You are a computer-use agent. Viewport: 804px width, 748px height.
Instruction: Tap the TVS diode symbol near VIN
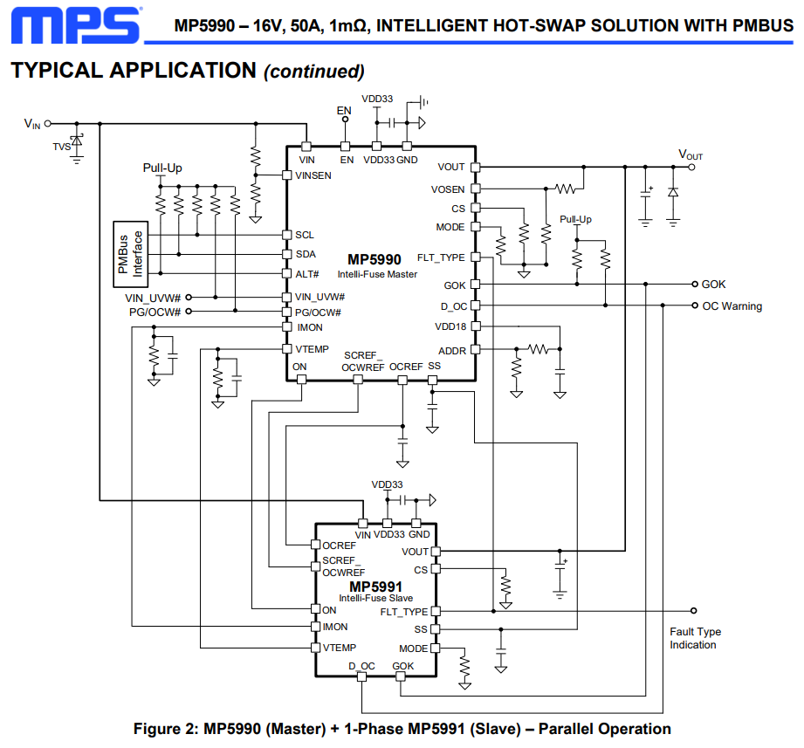pyautogui.click(x=77, y=140)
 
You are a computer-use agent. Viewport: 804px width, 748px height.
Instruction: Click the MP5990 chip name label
pyautogui.click(x=375, y=260)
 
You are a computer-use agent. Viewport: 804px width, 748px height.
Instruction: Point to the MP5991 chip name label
pyautogui.click(x=375, y=587)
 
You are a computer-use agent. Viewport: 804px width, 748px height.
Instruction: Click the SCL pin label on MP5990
pyautogui.click(x=305, y=236)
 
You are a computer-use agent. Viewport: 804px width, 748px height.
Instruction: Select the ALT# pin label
pyautogui.click(x=306, y=274)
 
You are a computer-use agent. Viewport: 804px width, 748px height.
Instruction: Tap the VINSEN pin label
pyautogui.click(x=314, y=175)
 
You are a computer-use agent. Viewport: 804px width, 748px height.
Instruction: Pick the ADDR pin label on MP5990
pyautogui.click(x=451, y=350)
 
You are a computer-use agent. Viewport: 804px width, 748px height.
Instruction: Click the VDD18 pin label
pyautogui.click(x=450, y=326)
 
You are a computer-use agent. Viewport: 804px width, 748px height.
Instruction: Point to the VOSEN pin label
pyautogui.click(x=448, y=189)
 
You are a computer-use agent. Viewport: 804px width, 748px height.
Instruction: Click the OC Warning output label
pyautogui.click(x=732, y=306)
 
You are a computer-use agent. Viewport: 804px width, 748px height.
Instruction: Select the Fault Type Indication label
pyautogui.click(x=695, y=638)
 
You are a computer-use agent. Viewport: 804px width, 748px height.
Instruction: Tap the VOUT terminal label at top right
pyautogui.click(x=691, y=155)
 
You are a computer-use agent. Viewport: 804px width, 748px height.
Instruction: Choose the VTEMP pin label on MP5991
pyautogui.click(x=339, y=648)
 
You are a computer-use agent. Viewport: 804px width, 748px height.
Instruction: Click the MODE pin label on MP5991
pyautogui.click(x=414, y=648)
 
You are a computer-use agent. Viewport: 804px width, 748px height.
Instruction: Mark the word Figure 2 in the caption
pyautogui.click(x=168, y=729)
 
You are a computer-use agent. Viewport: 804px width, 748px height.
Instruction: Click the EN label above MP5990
pyautogui.click(x=343, y=111)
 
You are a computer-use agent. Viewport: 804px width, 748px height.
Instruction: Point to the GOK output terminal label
pyautogui.click(x=713, y=285)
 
